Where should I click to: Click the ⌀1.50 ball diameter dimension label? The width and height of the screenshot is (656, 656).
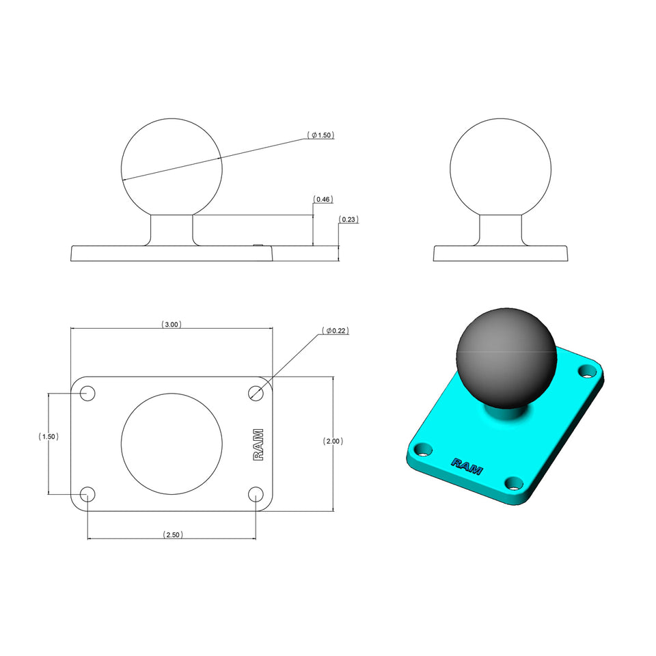click(x=322, y=135)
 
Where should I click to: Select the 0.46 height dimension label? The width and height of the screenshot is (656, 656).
click(x=323, y=200)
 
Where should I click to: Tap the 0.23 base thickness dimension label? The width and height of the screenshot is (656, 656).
click(x=348, y=219)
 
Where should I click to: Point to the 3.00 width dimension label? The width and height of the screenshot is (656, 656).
click(x=171, y=325)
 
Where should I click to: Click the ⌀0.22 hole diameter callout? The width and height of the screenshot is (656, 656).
click(x=336, y=331)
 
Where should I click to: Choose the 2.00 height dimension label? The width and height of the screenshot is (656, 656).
click(x=333, y=441)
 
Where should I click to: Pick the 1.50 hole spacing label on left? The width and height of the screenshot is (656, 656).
click(x=48, y=436)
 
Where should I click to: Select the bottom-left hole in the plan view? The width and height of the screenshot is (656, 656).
click(x=87, y=494)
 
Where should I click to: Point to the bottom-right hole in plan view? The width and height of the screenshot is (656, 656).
click(x=256, y=494)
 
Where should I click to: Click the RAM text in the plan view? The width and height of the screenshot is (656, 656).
click(x=258, y=444)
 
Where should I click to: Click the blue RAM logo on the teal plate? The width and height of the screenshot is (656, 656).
click(x=467, y=466)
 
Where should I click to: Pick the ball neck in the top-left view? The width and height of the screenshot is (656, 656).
click(x=172, y=230)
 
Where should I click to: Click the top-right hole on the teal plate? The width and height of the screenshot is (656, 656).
click(x=586, y=371)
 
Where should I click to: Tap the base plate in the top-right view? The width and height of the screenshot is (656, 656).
click(x=501, y=254)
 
